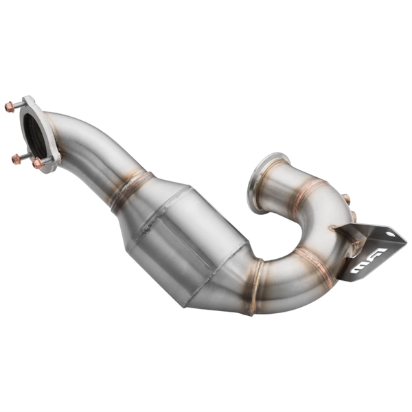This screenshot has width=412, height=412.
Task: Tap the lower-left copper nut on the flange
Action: pyautogui.click(x=16, y=159)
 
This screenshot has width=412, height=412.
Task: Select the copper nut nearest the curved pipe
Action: pyautogui.click(x=38, y=163)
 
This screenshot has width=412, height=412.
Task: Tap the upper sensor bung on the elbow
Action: pyautogui.click(x=346, y=199)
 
